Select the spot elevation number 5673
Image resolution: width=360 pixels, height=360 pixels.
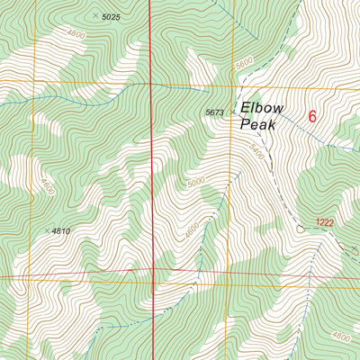pyautogui.click(x=214, y=112)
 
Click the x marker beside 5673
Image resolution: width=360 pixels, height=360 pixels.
pyautogui.click(x=232, y=112)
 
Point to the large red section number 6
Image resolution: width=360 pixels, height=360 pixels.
pyautogui.click(x=312, y=116)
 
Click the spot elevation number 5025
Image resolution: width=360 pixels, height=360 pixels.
pyautogui.click(x=112, y=17)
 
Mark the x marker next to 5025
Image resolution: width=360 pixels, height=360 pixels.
pyautogui.click(x=96, y=16)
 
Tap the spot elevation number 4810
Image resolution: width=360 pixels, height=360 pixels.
pyautogui.click(x=61, y=231)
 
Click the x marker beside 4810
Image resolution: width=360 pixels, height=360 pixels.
pyautogui.click(x=47, y=230)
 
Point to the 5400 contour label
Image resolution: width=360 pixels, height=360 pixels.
pyautogui.click(x=256, y=154)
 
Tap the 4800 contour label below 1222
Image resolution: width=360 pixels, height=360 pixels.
pyautogui.click(x=340, y=336)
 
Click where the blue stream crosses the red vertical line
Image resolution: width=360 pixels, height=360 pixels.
pyautogui.click(x=149, y=83)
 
